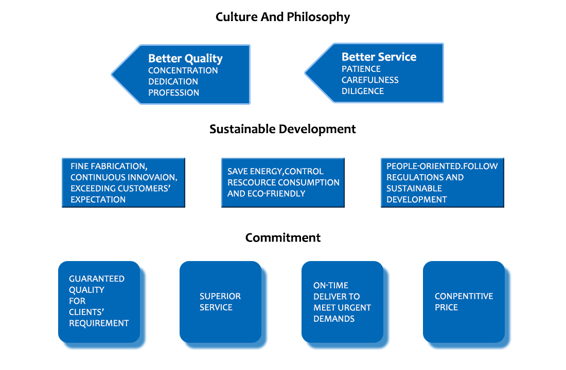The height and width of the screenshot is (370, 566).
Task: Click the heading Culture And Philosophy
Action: click(x=282, y=17)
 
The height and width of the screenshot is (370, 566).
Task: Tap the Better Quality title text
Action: click(x=185, y=59)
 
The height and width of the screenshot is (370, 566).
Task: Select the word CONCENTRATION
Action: click(x=183, y=70)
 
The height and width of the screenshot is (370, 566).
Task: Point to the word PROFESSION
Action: click(x=173, y=92)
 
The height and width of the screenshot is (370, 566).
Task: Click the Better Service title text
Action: click(x=379, y=57)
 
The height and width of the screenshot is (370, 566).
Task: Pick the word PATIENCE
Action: click(x=361, y=69)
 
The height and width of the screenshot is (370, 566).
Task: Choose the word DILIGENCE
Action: click(x=362, y=91)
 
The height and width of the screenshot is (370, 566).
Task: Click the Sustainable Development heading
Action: click(x=282, y=129)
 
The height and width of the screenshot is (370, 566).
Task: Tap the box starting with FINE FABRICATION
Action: click(x=123, y=182)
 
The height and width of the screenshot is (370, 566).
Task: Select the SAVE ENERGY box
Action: click(x=282, y=182)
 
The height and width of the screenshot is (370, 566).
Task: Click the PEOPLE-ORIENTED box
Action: click(x=442, y=182)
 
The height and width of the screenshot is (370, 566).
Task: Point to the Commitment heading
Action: click(x=282, y=238)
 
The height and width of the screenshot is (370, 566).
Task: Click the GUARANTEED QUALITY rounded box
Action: click(x=99, y=302)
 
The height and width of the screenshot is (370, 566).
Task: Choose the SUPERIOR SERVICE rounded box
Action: click(x=220, y=302)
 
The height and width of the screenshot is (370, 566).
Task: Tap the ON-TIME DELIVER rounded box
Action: click(x=342, y=302)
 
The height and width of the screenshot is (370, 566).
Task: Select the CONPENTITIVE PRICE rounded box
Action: click(x=464, y=302)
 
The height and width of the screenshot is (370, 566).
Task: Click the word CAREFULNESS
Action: click(x=370, y=80)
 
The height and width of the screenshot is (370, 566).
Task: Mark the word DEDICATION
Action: click(x=173, y=81)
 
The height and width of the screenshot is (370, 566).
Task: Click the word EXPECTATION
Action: click(x=98, y=199)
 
